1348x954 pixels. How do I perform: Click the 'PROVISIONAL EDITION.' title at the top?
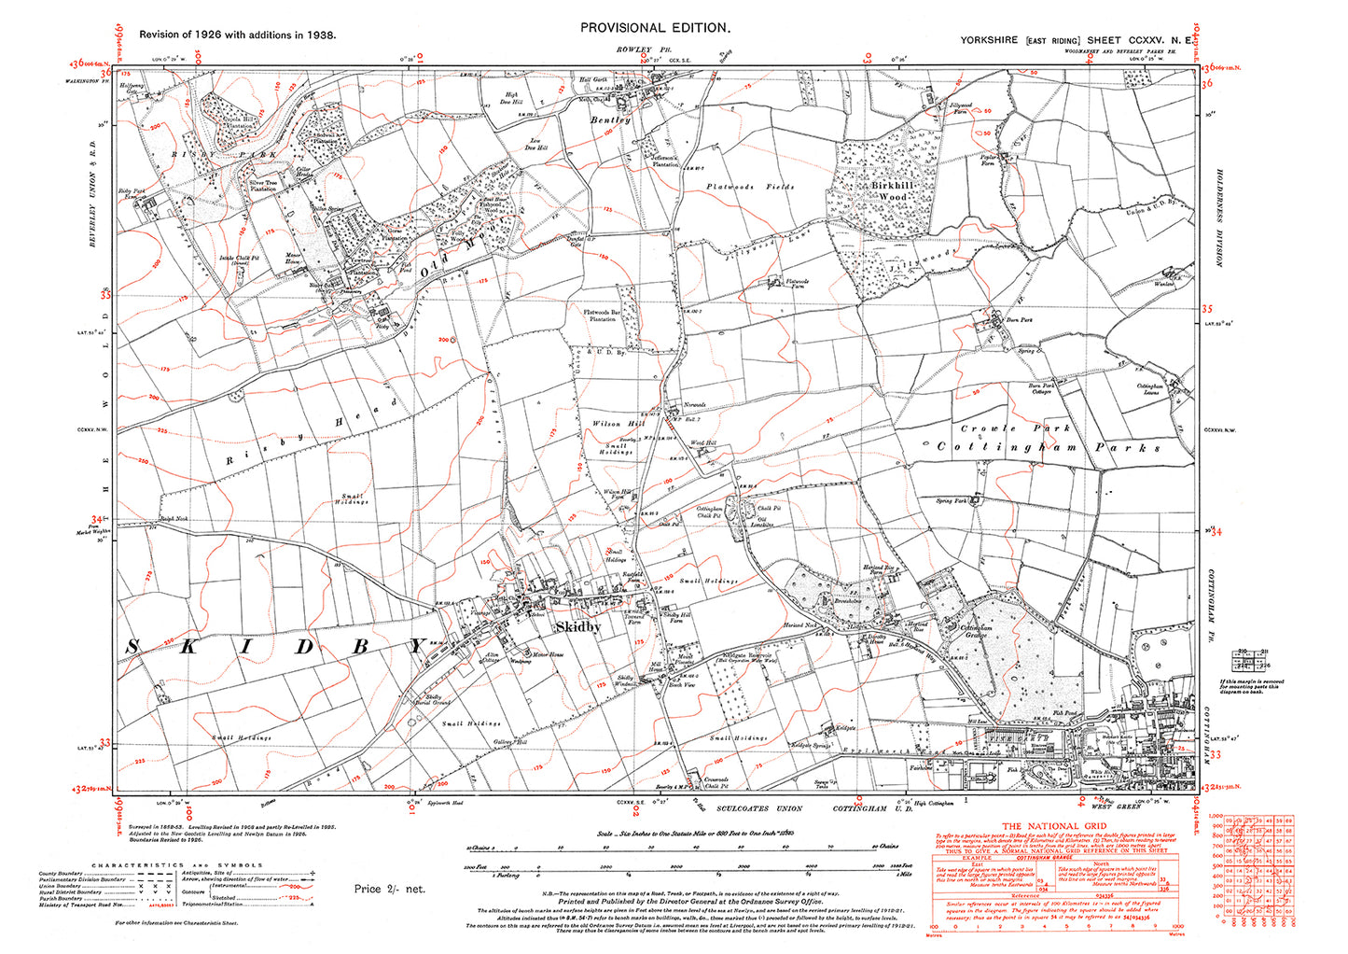click(654, 28)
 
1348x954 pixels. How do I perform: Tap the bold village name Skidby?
click(578, 628)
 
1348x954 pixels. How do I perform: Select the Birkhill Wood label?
click(888, 191)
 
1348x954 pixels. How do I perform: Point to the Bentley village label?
click(611, 119)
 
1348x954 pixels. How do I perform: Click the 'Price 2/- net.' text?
click(389, 889)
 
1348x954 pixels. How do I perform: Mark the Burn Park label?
click(1020, 320)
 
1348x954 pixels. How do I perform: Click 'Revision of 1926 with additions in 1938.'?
click(238, 35)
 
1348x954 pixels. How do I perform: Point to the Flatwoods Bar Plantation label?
click(600, 315)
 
